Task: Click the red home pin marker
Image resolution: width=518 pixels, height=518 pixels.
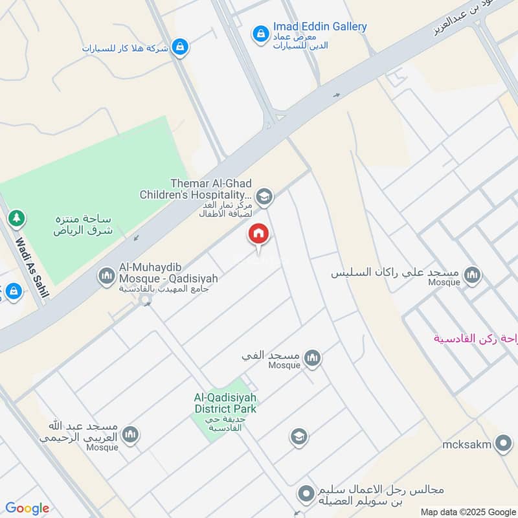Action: click(x=258, y=234)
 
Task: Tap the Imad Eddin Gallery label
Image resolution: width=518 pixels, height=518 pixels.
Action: click(x=319, y=27)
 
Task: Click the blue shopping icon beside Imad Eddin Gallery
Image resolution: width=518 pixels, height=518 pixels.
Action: click(x=260, y=33)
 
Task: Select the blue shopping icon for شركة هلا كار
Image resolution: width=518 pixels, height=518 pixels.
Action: click(x=181, y=47)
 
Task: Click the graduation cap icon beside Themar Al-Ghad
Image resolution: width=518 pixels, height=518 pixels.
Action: click(x=264, y=196)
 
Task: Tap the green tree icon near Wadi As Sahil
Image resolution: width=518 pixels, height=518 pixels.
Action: click(x=16, y=218)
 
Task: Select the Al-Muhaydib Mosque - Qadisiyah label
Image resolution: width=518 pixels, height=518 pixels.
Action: click(x=168, y=273)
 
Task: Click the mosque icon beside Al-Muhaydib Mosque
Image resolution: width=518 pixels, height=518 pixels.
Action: click(x=106, y=276)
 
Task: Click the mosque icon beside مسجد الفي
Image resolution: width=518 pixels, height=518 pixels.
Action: click(x=313, y=358)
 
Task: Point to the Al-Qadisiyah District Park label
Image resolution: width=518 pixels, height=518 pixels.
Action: click(x=225, y=403)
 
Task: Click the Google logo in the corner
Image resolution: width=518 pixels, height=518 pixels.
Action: click(x=27, y=508)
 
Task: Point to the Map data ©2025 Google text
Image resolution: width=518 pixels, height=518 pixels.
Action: click(x=466, y=511)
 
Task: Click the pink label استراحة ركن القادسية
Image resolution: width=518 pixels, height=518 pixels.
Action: click(x=475, y=339)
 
